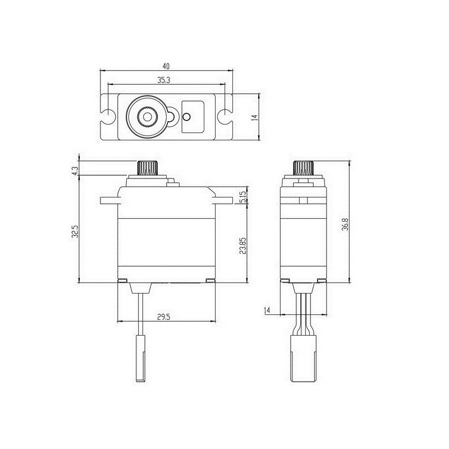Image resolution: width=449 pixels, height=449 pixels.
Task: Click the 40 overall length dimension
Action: point(166,66)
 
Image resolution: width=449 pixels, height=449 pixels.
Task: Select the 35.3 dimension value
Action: point(164,80)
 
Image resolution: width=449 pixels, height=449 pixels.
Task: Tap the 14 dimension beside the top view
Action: point(254,117)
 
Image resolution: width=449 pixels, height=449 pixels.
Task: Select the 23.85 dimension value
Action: point(242,245)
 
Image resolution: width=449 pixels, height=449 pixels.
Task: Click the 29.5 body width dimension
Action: point(164,317)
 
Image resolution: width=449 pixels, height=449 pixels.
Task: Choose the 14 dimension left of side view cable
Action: point(267,310)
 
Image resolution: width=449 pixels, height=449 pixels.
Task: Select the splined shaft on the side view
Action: point(303,167)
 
